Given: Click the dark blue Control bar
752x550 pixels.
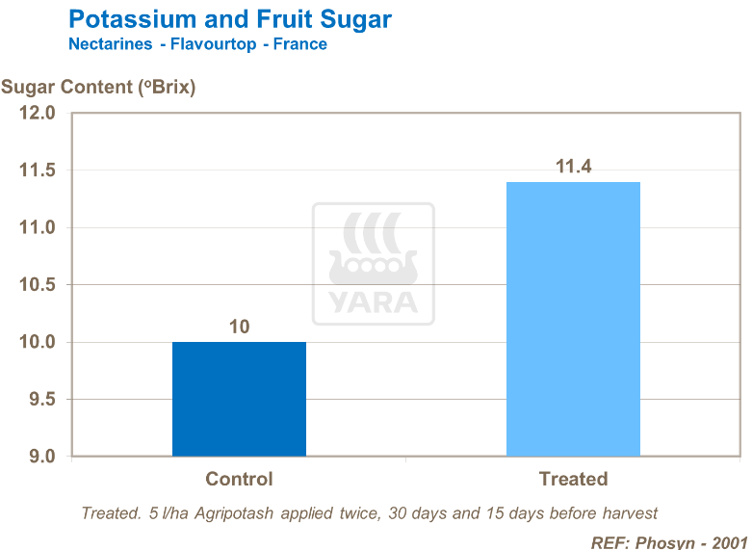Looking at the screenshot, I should tap(239, 399).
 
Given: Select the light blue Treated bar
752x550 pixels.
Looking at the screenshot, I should tap(573, 319).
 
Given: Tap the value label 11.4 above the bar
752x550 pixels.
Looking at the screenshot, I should tap(573, 167).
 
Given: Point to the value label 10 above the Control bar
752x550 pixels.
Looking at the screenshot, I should tap(239, 327).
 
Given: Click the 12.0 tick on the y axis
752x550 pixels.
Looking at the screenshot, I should tap(38, 114).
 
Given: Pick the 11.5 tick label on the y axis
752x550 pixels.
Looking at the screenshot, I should tap(38, 170).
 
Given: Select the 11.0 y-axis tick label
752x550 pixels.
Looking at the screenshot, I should tap(38, 228).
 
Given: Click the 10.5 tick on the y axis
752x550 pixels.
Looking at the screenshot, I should tap(38, 285).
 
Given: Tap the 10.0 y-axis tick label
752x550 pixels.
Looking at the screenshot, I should tap(38, 342).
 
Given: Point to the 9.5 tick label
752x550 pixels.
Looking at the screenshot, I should tap(41, 399).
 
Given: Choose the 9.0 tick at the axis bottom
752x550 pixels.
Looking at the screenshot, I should tap(41, 457).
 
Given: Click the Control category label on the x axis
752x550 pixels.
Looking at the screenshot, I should tap(239, 479).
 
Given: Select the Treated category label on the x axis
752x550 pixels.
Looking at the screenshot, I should tap(573, 479).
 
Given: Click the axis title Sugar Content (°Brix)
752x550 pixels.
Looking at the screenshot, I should tap(98, 87).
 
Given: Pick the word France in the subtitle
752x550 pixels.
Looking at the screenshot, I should tap(299, 44).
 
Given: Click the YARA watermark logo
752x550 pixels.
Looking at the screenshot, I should tap(373, 263).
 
